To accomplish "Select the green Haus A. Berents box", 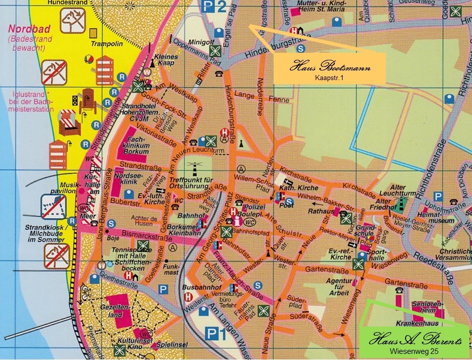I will click(416, 342).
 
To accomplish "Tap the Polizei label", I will click(252, 208).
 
